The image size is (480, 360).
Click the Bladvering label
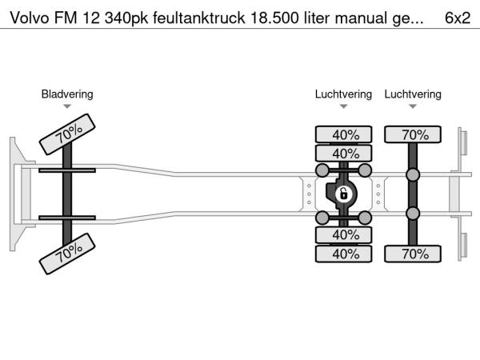pyautogui.click(x=67, y=94)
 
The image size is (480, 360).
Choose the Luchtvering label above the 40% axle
pyautogui.click(x=343, y=94)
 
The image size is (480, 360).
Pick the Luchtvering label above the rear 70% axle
pyautogui.click(x=413, y=94)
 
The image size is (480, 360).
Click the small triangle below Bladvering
pyautogui.click(x=67, y=106)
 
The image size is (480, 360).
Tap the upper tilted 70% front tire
pyautogui.click(x=68, y=134)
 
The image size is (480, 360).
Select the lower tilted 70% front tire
pyautogui.click(x=68, y=254)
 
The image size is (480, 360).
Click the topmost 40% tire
pyautogui.click(x=345, y=134)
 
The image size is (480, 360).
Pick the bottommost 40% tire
pyautogui.click(x=345, y=254)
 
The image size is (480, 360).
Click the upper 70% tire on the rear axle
pyautogui.click(x=414, y=134)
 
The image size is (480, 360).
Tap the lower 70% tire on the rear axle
pyautogui.click(x=414, y=254)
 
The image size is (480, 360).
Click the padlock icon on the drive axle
pyautogui.click(x=342, y=194)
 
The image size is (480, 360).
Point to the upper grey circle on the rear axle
pyautogui.click(x=414, y=175)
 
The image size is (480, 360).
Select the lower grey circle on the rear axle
pyautogui.click(x=414, y=213)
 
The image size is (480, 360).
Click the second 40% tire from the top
pyautogui.click(x=345, y=153)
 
